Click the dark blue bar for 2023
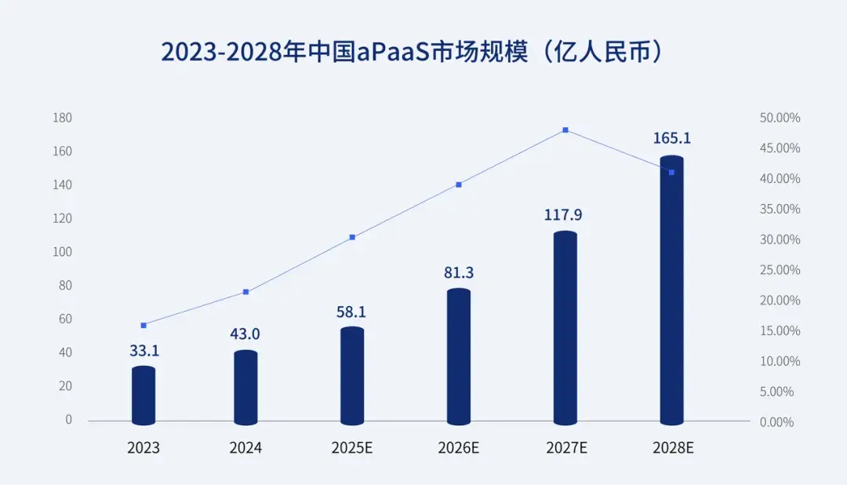(144, 396)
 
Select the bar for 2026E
(459, 357)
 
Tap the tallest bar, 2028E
(672, 290)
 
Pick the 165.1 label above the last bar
(672, 138)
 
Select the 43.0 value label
(245, 334)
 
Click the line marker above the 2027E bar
(565, 130)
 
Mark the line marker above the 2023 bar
(144, 325)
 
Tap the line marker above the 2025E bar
(352, 237)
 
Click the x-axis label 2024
(245, 448)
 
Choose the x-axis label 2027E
(566, 448)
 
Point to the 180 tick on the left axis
(63, 118)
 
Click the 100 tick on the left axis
(63, 252)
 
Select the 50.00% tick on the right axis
(780, 118)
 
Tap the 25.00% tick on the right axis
(780, 270)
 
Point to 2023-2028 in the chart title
(222, 52)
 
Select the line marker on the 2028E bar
(671, 172)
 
